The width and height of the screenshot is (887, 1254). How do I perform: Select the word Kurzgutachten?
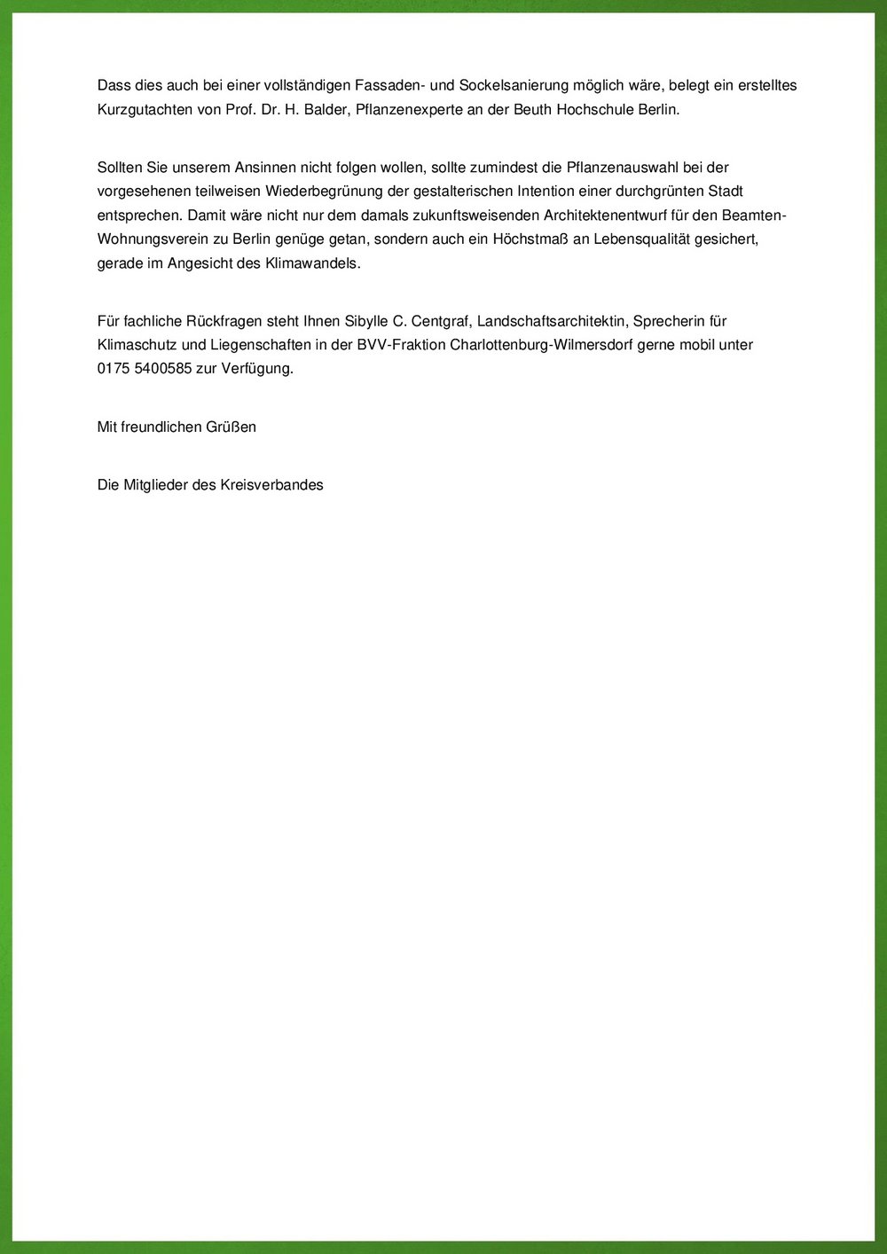[x=140, y=110]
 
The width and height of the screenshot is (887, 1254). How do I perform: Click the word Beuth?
[x=532, y=110]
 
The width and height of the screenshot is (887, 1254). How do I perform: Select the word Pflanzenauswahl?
[x=622, y=168]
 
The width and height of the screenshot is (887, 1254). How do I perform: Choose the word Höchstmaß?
[x=530, y=239]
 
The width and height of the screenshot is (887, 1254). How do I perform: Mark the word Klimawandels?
[x=313, y=263]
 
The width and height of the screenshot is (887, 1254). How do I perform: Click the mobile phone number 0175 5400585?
[x=145, y=369]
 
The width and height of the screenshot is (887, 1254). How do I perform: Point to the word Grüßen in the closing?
[x=231, y=427]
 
